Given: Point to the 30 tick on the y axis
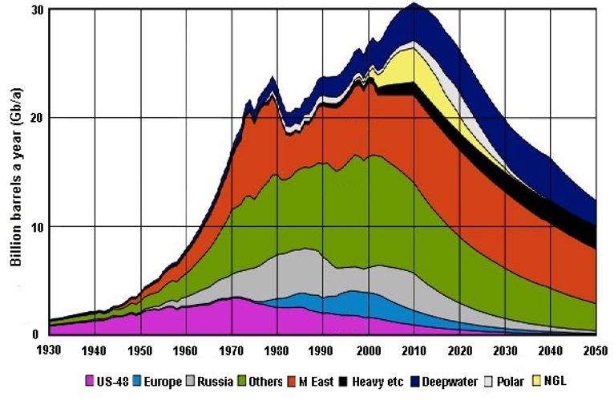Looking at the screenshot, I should click(34, 10).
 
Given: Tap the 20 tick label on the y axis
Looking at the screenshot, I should click(34, 118).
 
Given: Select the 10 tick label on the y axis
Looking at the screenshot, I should click(34, 227).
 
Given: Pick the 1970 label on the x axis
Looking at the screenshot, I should click(232, 350).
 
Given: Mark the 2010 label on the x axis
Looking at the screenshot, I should click(414, 350).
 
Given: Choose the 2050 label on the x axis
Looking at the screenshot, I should click(595, 350).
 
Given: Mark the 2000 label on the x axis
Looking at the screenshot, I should click(368, 350).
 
